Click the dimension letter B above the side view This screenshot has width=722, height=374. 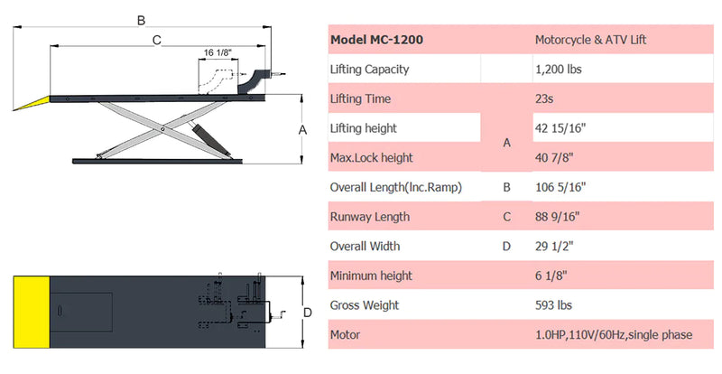pyautogui.click(x=142, y=20)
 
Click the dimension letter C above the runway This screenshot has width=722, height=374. pyautogui.click(x=156, y=40)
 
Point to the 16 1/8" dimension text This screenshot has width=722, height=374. pyautogui.click(x=218, y=52)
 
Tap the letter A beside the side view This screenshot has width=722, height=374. pyautogui.click(x=302, y=130)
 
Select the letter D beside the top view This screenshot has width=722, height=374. pyautogui.click(x=308, y=313)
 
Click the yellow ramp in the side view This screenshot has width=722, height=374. pyautogui.click(x=32, y=102)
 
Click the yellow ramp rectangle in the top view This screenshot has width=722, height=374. pyautogui.click(x=32, y=313)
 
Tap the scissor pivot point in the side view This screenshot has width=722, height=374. pyautogui.click(x=162, y=129)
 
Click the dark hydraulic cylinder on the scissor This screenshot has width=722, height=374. pyautogui.click(x=211, y=138)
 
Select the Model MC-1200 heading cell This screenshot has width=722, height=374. pyautogui.click(x=376, y=40)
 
